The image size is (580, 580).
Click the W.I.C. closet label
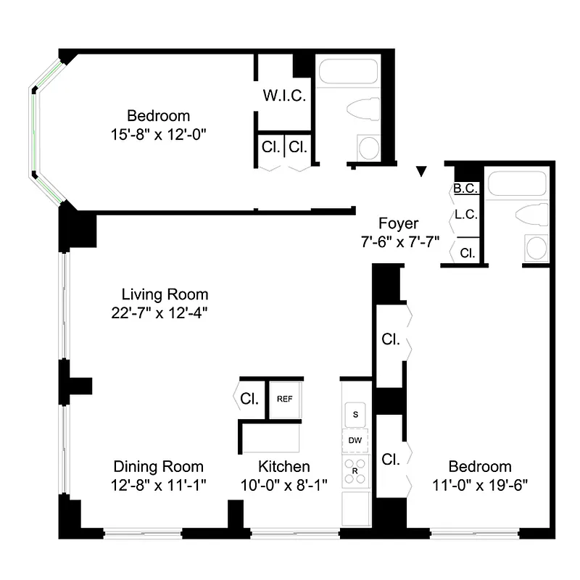click(284, 96)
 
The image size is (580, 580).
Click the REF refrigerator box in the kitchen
click(283, 399)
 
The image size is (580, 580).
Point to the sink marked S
click(355, 415)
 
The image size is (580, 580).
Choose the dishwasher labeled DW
click(355, 440)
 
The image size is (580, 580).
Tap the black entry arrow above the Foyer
click(421, 172)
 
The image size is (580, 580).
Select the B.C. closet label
click(465, 189)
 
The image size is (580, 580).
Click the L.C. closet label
click(465, 215)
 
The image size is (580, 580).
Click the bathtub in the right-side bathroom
click(516, 183)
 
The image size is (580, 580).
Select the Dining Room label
click(158, 467)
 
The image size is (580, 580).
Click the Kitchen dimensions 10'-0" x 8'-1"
click(284, 485)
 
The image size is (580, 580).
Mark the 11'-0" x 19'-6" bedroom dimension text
click(479, 485)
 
